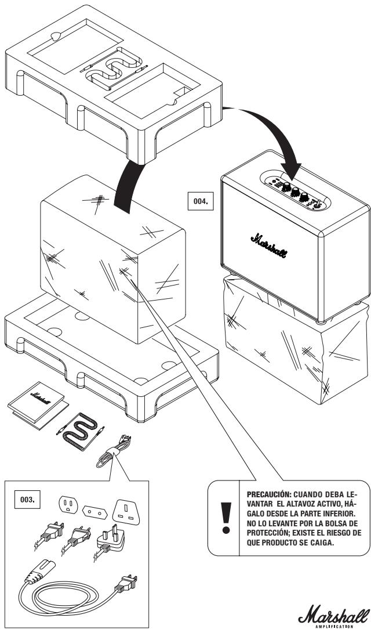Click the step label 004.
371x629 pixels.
click(201, 201)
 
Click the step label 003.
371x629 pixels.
click(27, 500)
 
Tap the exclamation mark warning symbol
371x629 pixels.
click(226, 518)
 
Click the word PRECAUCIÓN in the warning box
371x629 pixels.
click(267, 494)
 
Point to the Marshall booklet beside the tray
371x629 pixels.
click(38, 405)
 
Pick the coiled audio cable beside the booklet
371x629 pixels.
click(81, 431)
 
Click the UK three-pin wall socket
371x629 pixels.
click(126, 512)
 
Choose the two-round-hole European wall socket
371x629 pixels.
click(95, 512)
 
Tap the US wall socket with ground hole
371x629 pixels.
click(68, 504)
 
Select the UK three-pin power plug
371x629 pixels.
click(109, 539)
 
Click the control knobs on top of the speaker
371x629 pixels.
click(295, 190)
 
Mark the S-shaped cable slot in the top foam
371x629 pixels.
click(114, 68)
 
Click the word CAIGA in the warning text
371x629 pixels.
click(321, 543)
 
